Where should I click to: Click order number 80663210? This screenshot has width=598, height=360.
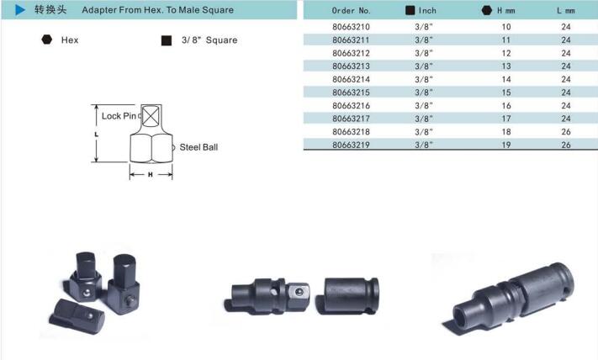coord(351,27)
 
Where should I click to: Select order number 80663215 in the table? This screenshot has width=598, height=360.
coord(351,93)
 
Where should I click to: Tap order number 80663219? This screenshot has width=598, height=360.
coord(351,145)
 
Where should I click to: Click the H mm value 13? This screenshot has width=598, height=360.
coord(506,66)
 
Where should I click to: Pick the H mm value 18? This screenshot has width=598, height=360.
coord(506,131)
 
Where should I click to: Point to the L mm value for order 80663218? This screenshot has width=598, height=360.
coord(566,131)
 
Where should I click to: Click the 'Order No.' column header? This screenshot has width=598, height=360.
coord(351,11)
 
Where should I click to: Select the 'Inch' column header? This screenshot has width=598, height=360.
coord(427,11)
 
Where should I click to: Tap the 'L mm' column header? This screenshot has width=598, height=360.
coord(565,11)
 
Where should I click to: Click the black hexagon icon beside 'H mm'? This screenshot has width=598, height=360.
coord(487,10)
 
